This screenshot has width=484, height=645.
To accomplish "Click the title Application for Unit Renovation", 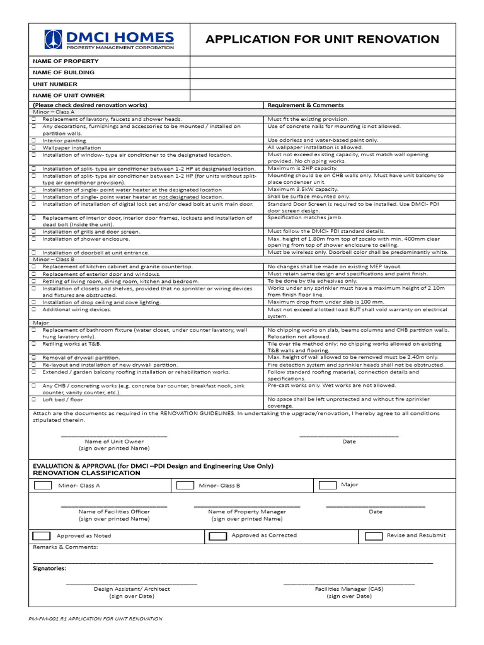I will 322,40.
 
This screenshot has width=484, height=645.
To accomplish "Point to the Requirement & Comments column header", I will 306,105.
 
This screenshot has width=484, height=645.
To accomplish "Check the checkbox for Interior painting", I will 34,140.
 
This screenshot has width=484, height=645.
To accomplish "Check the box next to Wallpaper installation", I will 34,147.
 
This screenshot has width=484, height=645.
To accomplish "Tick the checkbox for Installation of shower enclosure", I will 34,239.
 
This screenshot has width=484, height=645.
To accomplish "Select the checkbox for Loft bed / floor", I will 34,399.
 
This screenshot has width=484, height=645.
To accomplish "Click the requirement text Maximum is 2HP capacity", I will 302,168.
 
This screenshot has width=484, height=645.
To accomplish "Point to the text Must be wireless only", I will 296,252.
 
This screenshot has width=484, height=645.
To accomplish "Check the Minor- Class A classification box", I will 43,486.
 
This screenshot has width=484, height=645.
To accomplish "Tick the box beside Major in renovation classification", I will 328,485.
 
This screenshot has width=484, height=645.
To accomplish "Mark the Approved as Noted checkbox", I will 41,536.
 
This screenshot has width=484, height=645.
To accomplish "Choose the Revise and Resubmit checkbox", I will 374,536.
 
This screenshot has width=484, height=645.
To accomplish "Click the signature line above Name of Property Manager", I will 247,506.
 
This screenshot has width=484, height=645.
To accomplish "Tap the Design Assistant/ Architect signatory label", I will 132,589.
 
